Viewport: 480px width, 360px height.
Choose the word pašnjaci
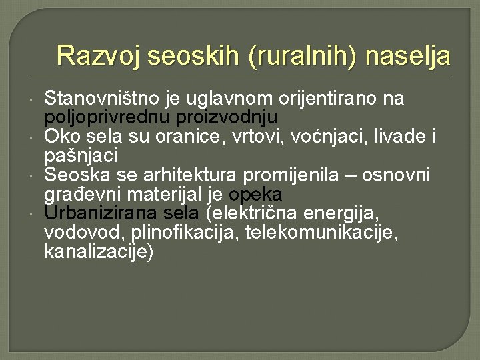(x=81, y=156)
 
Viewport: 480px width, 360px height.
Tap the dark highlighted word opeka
(x=255, y=195)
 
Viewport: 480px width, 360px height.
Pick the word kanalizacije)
(x=99, y=252)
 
